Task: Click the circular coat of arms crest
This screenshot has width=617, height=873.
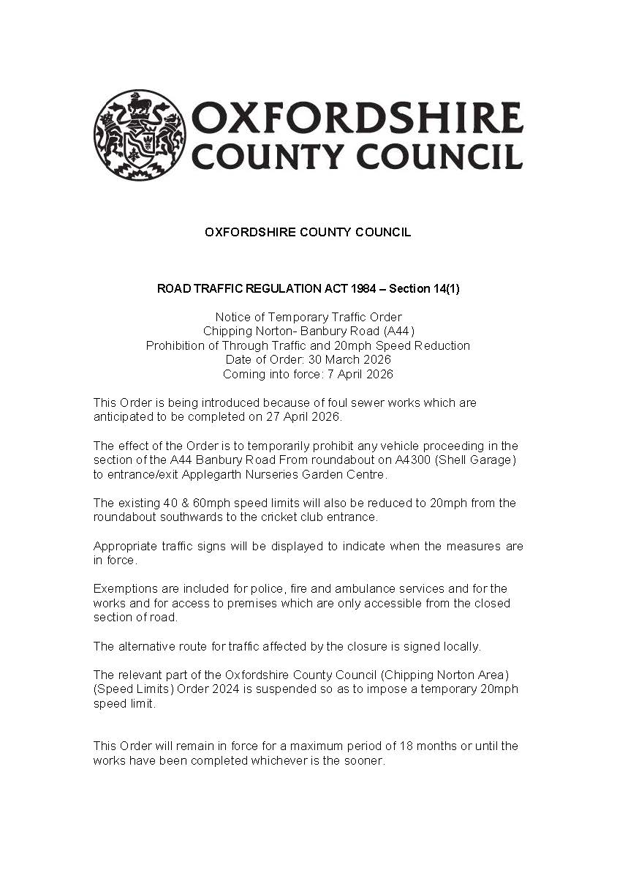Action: tap(139, 135)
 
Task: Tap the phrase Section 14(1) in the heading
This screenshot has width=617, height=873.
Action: tap(424, 289)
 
